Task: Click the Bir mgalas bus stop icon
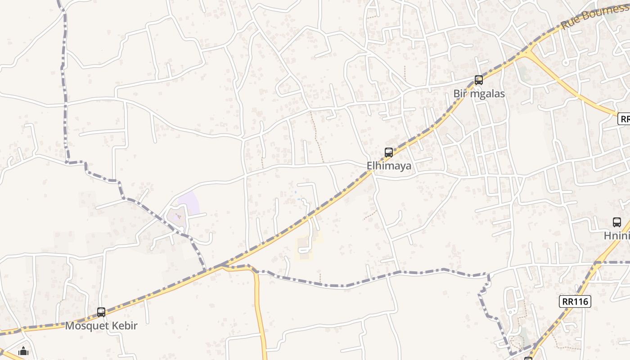point(479,80)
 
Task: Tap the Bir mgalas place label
point(479,94)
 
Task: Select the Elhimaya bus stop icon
point(389,152)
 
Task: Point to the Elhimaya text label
point(389,166)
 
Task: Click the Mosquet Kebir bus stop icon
point(101,312)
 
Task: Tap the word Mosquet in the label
point(85,326)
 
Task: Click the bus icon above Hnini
point(617,222)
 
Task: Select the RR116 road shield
point(575,301)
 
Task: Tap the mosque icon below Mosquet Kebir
point(23,351)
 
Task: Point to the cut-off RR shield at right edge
point(624,119)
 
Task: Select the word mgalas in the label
point(488,94)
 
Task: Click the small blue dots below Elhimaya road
point(297,196)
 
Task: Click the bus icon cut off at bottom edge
point(528,358)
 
